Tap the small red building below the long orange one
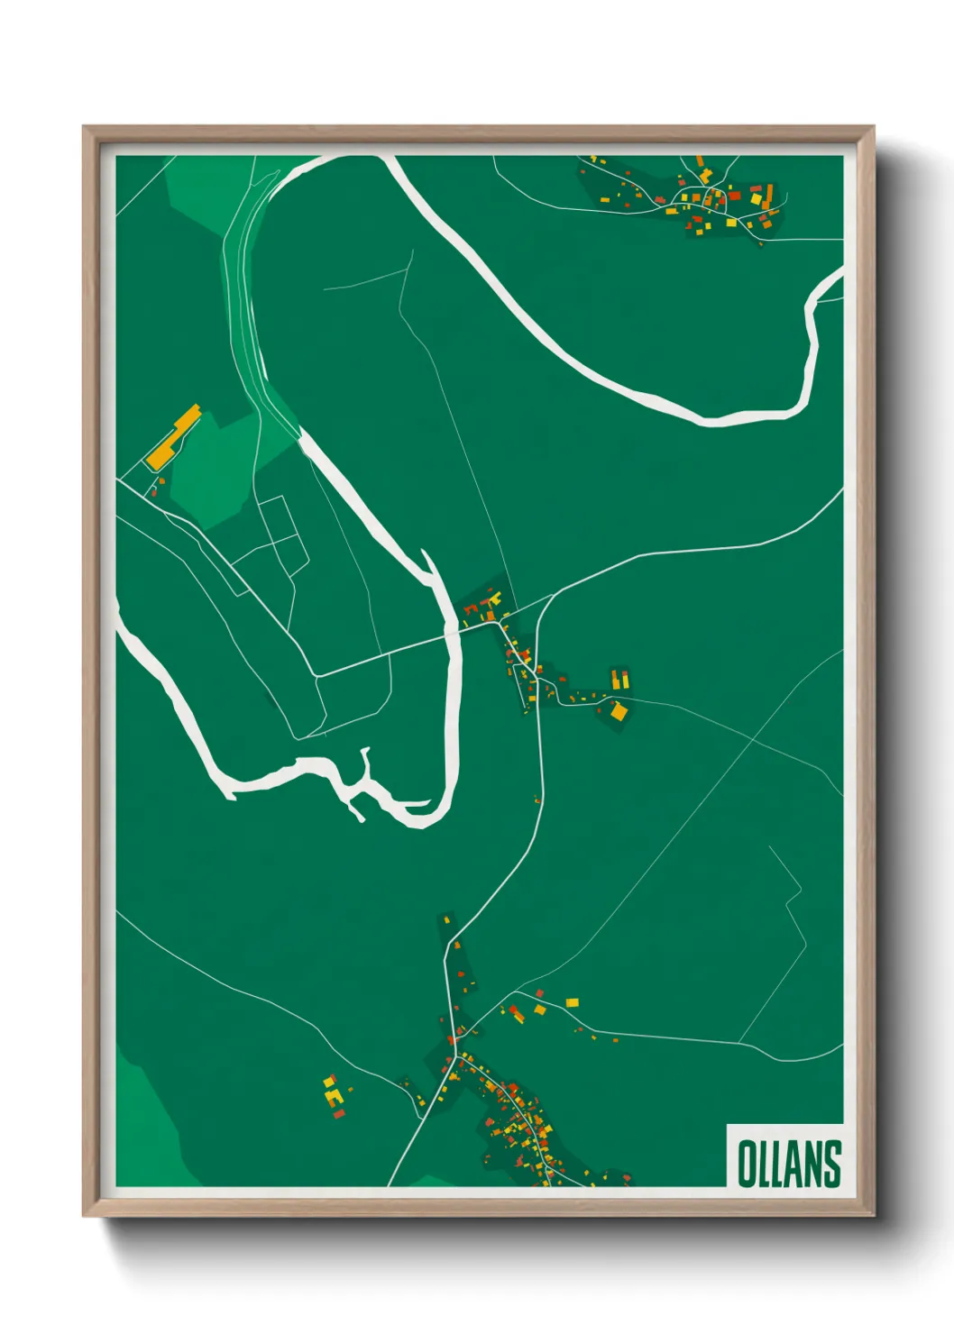click(x=154, y=490)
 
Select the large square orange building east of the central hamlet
click(x=619, y=711)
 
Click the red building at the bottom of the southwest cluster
click(x=339, y=1114)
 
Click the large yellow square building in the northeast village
click(x=757, y=199)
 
